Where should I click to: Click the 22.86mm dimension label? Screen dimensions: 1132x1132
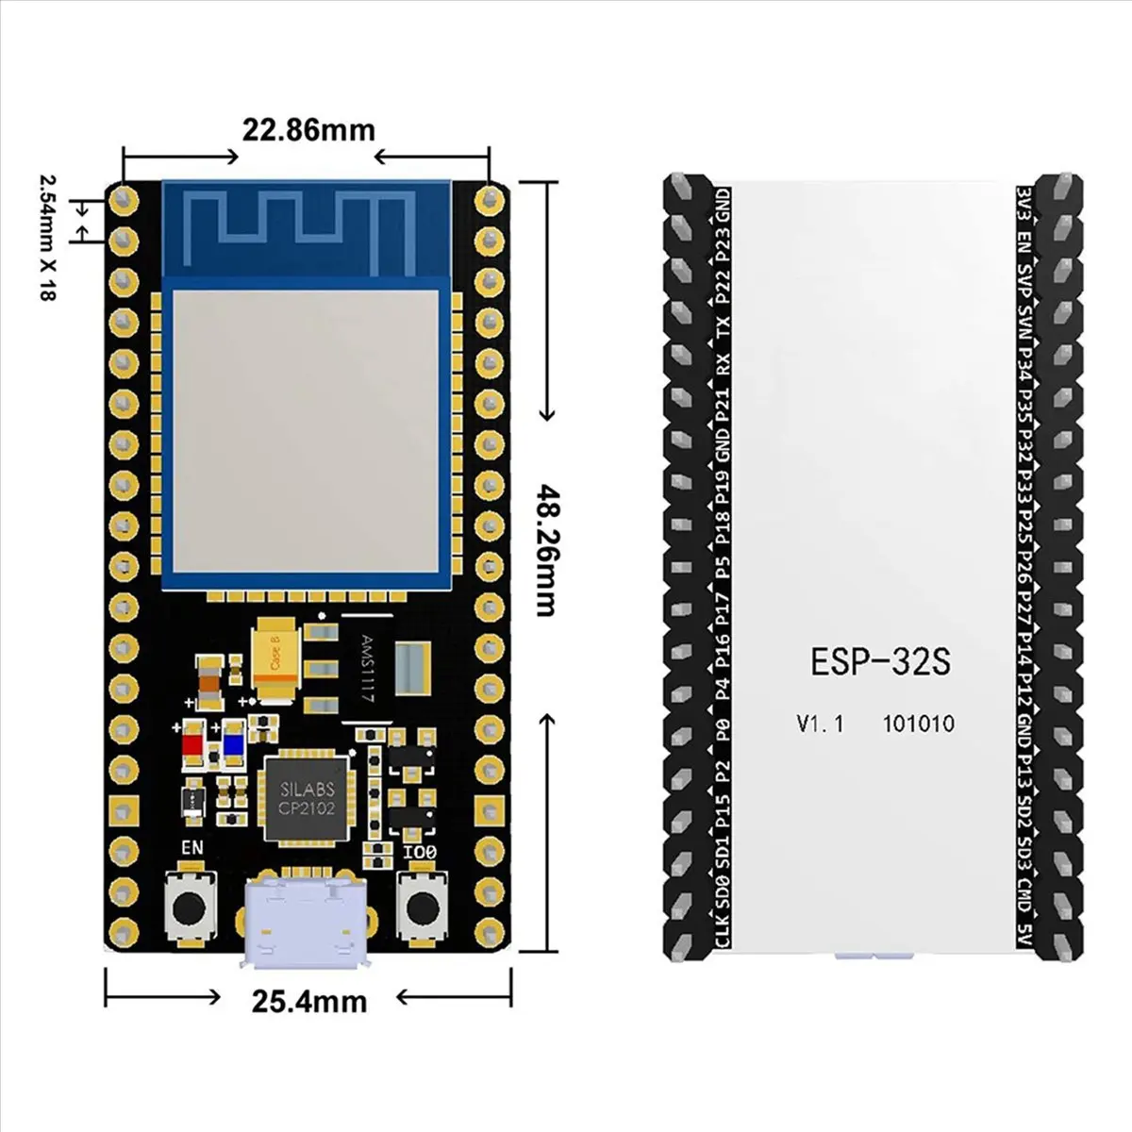pos(308,129)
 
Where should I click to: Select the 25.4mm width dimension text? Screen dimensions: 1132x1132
pos(308,1000)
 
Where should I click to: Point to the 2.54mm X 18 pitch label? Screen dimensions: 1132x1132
pos(44,236)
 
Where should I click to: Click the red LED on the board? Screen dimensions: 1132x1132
pos(193,744)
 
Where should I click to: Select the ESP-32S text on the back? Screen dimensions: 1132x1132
pos(880,661)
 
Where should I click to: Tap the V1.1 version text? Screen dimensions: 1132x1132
pos(820,724)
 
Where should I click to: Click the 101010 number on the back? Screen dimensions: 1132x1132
pos(918,724)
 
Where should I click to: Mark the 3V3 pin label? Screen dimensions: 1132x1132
pos(1024,200)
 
